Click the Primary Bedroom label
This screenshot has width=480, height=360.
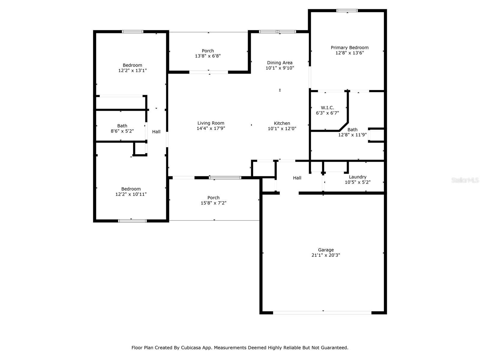coord(349,47)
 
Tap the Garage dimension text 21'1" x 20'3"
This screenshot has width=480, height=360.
coord(326,255)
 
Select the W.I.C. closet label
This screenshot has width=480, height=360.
coord(327,108)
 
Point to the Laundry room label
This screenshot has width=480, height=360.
coord(358,177)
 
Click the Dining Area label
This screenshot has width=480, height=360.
coord(280,63)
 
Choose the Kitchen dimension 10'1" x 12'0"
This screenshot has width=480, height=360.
coord(282,129)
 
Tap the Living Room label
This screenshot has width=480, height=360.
coord(211,123)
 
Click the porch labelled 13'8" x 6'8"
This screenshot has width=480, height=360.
coord(208,53)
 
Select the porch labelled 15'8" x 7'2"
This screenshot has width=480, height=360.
coord(213,200)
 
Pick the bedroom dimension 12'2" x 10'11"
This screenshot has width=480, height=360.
coord(131,194)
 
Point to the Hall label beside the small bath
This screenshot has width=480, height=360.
coord(156,132)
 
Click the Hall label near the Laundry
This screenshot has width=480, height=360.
coord(297,178)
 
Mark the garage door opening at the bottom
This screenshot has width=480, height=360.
coord(322,313)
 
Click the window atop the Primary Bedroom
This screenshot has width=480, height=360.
coord(347,11)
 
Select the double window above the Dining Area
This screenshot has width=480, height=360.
coord(277,31)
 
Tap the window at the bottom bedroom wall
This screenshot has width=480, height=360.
coord(132,221)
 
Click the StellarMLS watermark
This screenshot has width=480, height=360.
coord(465,180)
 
